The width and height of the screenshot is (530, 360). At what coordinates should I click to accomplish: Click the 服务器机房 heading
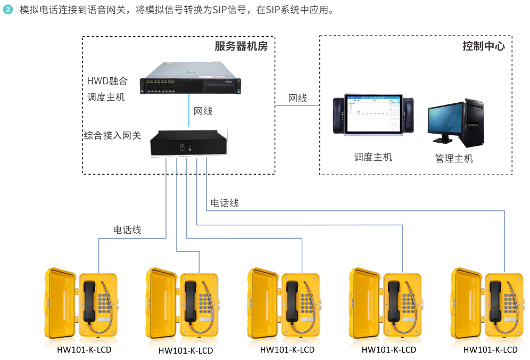241,46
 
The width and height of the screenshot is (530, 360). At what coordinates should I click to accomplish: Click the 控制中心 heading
483,46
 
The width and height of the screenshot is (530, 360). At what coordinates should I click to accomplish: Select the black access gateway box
189,142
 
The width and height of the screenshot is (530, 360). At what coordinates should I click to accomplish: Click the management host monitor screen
446,120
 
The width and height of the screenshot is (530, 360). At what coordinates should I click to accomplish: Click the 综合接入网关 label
112,135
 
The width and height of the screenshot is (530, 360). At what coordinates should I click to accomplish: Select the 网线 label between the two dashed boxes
297,99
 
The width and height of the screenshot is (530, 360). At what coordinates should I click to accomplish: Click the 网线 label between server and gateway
203,111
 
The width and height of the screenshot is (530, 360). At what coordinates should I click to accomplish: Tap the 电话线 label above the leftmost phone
127,230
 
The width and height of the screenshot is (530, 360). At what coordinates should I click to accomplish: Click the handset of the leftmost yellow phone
89,301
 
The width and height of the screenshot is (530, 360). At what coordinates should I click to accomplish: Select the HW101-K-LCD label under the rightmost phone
490,350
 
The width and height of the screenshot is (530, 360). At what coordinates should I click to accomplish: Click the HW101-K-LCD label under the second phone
186,350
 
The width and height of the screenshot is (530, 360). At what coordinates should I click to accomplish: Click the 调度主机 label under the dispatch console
373,157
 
